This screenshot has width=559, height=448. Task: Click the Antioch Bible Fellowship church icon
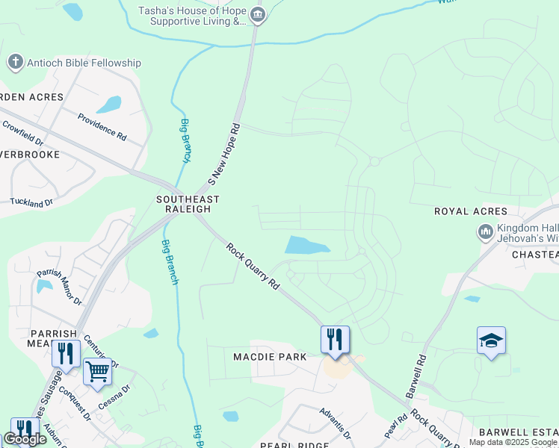pos(15,63)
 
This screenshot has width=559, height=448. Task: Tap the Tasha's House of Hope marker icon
pos(258,14)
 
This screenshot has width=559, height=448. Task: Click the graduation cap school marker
pos(491,341)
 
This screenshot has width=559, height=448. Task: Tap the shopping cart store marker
pos(97,371)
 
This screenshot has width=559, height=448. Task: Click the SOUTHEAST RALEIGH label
pos(188,204)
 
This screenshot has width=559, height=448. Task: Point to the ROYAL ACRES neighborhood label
pos(471,211)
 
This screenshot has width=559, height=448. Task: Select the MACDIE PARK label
pos(271,357)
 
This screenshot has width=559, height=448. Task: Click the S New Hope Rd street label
pos(226,155)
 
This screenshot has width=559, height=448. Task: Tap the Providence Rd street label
pos(102,127)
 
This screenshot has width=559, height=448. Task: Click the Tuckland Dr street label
pos(31,202)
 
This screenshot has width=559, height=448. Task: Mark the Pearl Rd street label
pos(390,428)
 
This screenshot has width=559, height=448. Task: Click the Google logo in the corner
pos(25,438)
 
